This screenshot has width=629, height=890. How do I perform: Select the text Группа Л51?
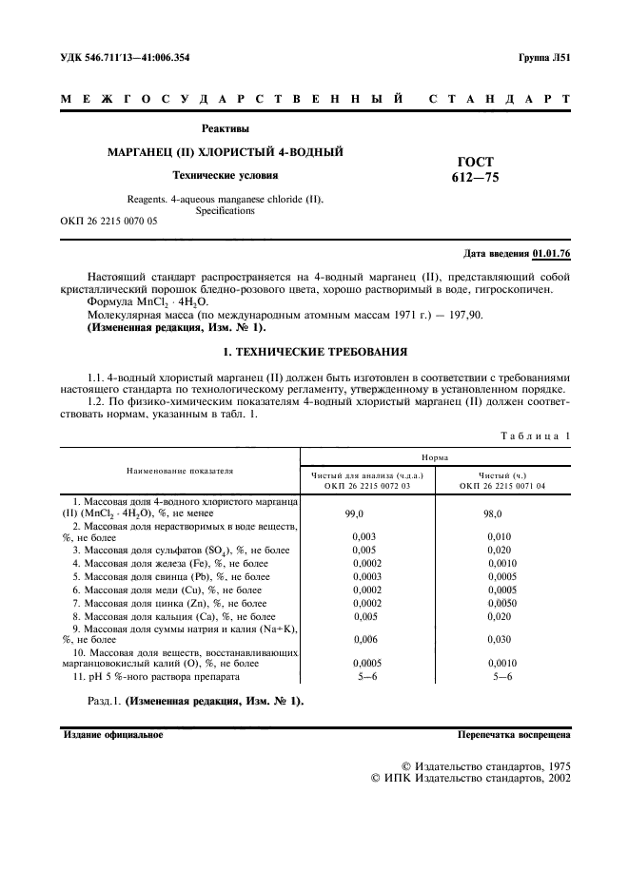tap(543, 58)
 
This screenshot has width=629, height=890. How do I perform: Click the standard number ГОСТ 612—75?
tap(475, 169)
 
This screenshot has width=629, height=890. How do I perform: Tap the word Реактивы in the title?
tap(226, 128)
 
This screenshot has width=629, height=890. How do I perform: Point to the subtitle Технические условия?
tap(225, 175)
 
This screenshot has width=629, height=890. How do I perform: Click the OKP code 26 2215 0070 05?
tap(108, 222)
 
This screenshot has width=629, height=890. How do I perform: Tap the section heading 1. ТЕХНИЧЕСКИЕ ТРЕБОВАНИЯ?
tap(314, 351)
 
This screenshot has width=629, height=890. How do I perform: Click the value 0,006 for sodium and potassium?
tap(353, 639)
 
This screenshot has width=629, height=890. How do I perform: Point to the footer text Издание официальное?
tap(113, 735)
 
